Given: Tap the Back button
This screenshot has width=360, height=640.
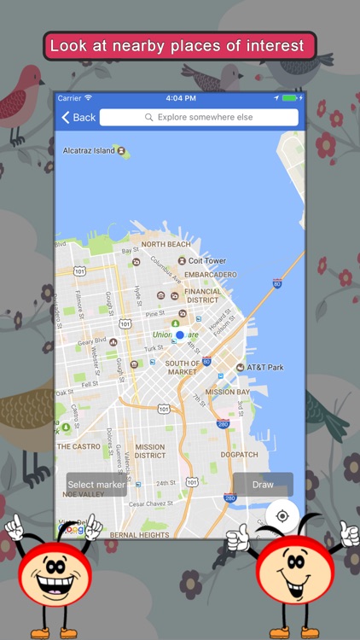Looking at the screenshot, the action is [78, 117].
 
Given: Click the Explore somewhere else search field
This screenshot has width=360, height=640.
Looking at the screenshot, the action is [199, 117].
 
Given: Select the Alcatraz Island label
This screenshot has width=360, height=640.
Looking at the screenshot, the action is [90, 151].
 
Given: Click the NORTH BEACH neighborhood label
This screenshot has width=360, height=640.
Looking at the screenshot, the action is [165, 244].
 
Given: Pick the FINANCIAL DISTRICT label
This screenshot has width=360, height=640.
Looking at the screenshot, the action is [202, 295].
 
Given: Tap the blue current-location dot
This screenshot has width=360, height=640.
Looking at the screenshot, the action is [180, 335].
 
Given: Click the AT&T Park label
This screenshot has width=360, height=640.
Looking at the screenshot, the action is [264, 367].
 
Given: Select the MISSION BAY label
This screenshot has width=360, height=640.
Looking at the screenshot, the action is [227, 392].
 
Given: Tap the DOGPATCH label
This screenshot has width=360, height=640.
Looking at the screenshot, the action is [239, 454].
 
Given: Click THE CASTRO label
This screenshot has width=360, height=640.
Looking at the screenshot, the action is [78, 446].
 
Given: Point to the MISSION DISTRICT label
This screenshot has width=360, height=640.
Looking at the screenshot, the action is [149, 451].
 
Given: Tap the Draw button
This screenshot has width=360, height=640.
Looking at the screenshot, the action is [263, 485].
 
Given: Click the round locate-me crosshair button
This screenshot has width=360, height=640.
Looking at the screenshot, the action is [282, 515].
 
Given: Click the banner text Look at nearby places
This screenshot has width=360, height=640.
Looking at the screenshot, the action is [177, 46].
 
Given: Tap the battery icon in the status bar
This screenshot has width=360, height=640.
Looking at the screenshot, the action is [289, 98].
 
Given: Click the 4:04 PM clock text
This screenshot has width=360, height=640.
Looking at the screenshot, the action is [180, 98].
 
